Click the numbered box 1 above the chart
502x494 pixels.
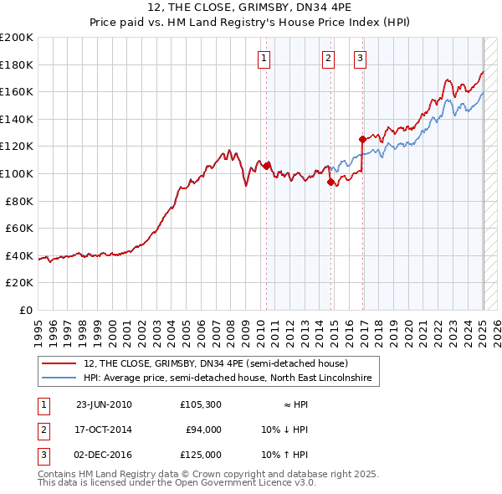[264, 58]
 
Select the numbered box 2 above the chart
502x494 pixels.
[327, 58]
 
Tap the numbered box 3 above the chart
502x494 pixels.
[360, 58]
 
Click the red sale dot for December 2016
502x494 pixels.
[362, 139]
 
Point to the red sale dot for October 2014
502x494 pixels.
[330, 182]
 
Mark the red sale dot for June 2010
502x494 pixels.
[267, 166]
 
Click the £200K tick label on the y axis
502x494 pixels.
[17, 38]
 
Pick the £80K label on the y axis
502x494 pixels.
[19, 201]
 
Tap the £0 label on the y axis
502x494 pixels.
[27, 310]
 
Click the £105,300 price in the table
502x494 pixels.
[201, 404]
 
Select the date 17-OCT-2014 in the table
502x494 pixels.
[104, 430]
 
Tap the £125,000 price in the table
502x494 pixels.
[201, 455]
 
